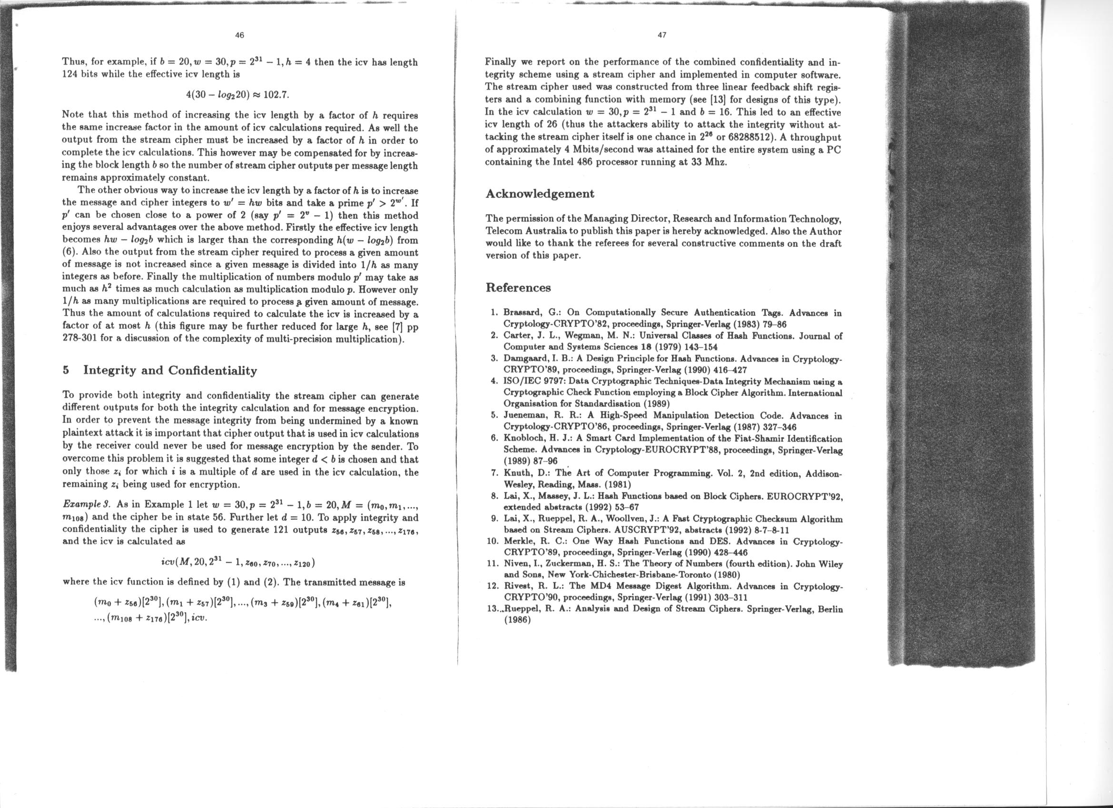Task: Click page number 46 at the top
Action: point(239,35)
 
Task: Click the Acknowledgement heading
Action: point(539,193)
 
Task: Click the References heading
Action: point(518,287)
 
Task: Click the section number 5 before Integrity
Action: point(66,370)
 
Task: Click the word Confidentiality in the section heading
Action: point(213,370)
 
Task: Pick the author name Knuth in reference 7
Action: point(517,473)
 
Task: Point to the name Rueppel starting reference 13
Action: point(521,609)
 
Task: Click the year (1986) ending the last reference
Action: point(518,620)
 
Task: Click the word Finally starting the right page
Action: point(501,62)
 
